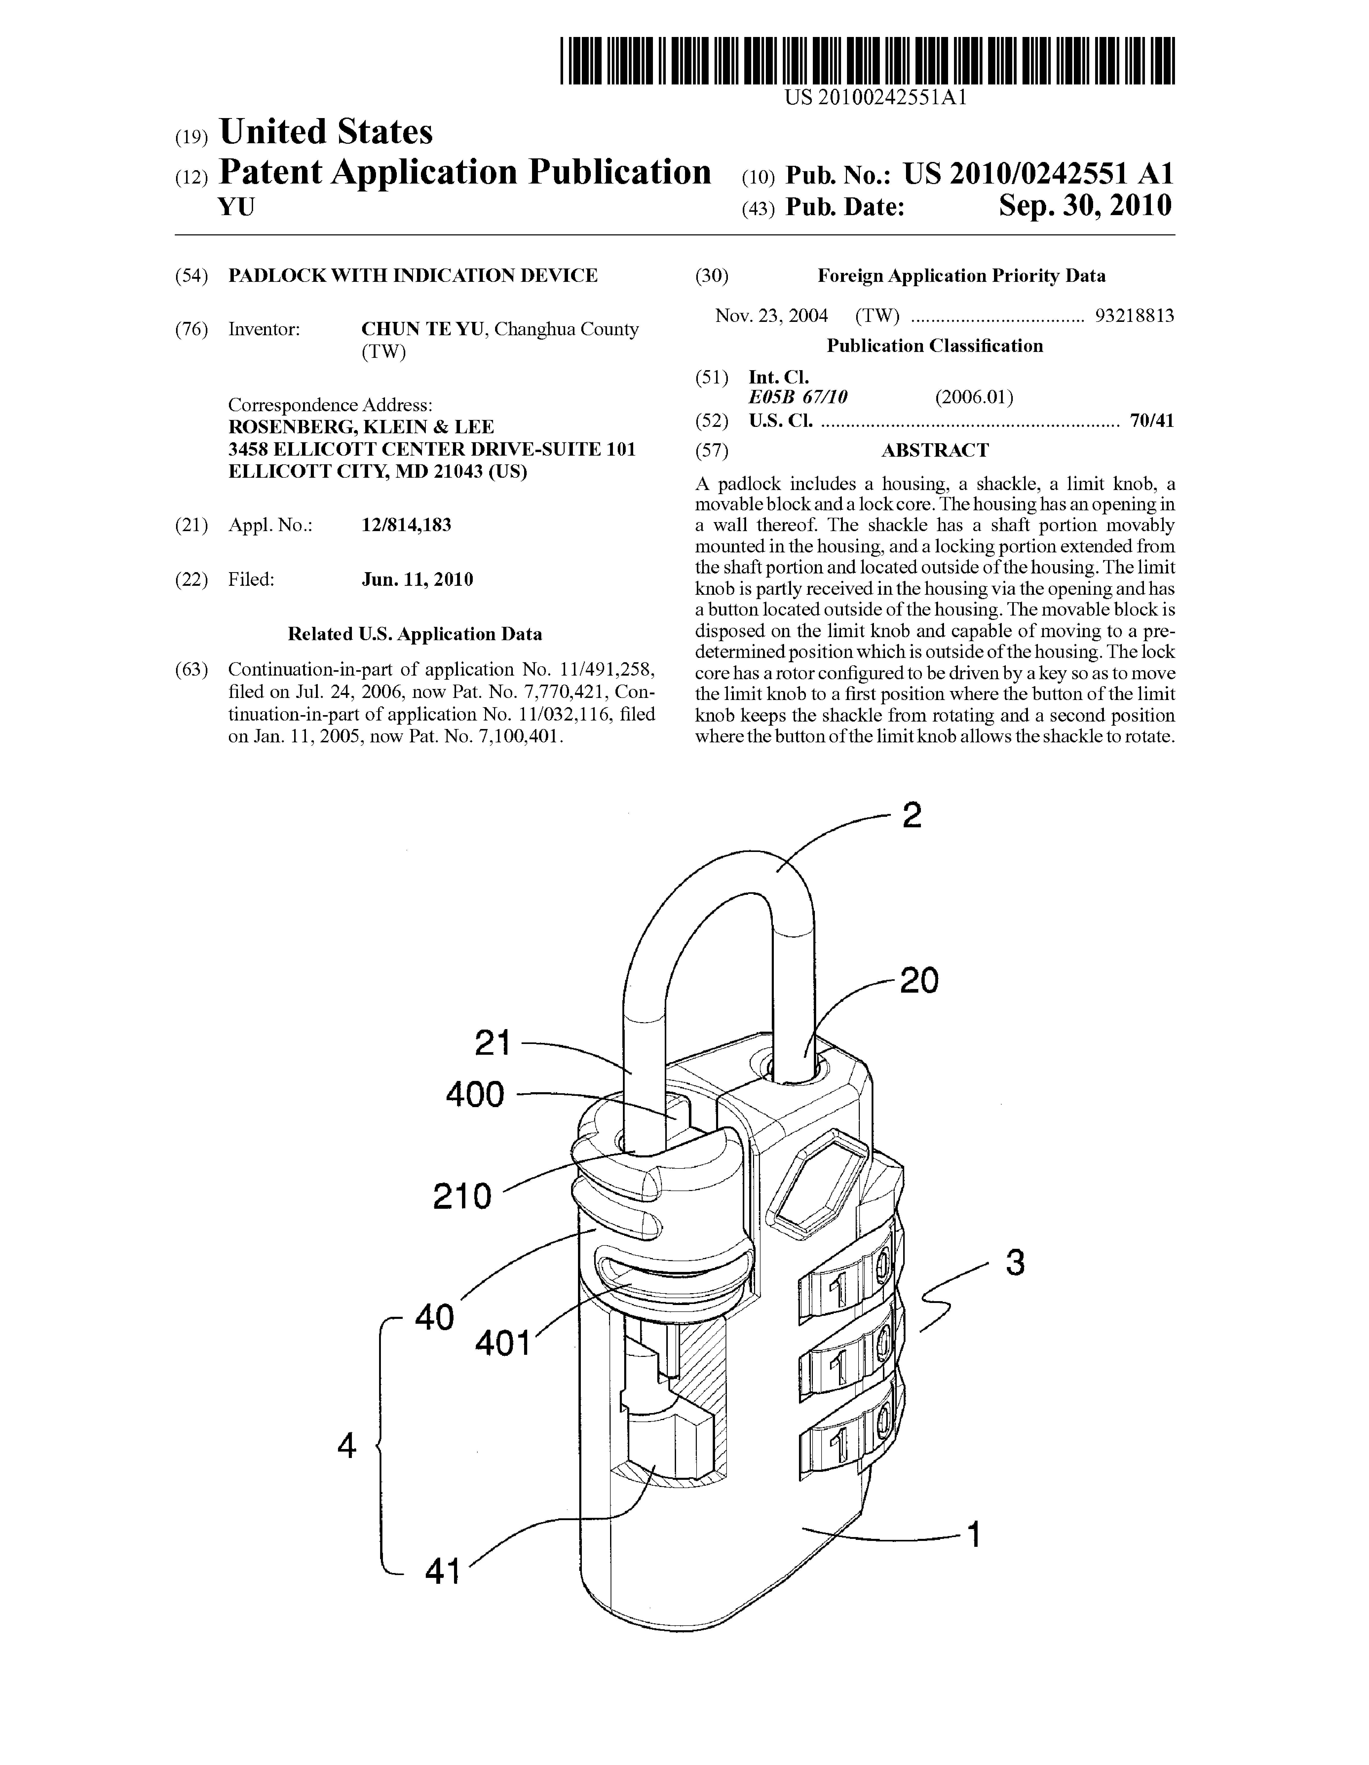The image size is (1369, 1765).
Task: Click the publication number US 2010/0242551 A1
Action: click(1038, 174)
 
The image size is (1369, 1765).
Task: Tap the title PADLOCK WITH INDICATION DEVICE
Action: click(413, 276)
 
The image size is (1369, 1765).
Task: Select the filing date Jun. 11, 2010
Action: click(417, 579)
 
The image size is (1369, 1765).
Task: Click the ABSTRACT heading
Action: click(934, 450)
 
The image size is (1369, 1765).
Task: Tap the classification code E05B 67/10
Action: click(798, 397)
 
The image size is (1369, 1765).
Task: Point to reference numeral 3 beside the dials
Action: click(1015, 1262)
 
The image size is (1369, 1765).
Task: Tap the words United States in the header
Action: click(326, 132)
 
